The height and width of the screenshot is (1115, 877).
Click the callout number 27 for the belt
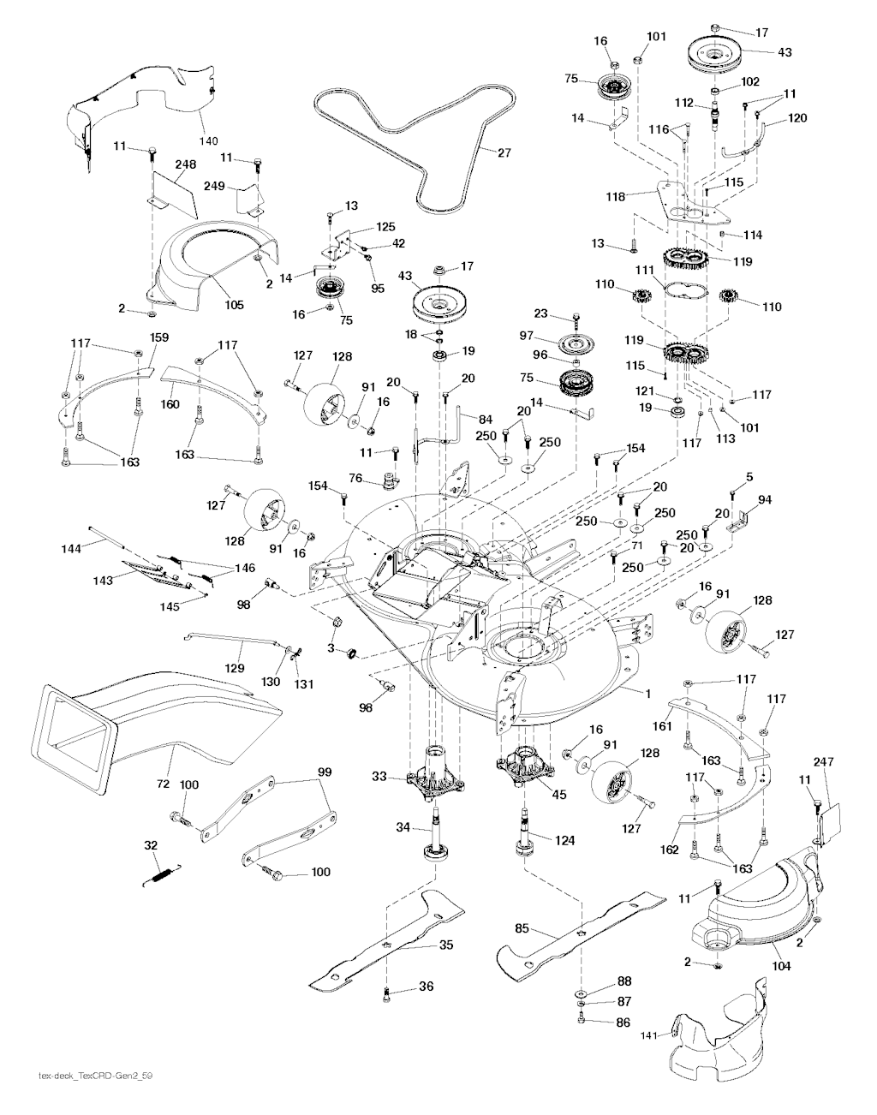coord(504,153)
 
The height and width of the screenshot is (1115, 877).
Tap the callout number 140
coord(208,140)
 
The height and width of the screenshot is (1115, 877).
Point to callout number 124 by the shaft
coord(565,840)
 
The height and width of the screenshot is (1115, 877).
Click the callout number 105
coord(234,305)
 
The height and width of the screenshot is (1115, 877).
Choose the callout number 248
coord(185,164)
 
